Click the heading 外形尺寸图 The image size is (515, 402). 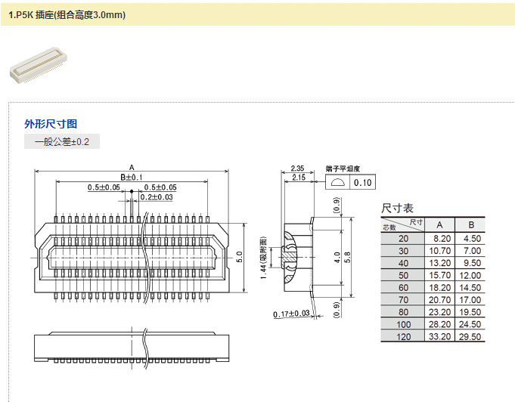pyautogui.click(x=51, y=124)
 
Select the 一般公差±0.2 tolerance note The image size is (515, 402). pyautogui.click(x=62, y=142)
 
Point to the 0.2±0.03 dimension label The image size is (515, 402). pyautogui.click(x=155, y=197)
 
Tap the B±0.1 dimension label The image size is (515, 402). pyautogui.click(x=132, y=177)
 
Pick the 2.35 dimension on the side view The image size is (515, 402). pyautogui.click(x=297, y=168)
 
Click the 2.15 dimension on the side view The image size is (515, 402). pyautogui.click(x=297, y=178)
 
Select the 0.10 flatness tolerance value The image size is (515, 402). pyautogui.click(x=363, y=183)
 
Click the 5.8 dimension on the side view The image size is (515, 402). pyautogui.click(x=348, y=257)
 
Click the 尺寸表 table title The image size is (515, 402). pyautogui.click(x=397, y=208)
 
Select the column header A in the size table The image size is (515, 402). pyautogui.click(x=440, y=225)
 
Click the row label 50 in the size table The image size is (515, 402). pyautogui.click(x=403, y=276)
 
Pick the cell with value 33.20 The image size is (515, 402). pyautogui.click(x=440, y=337)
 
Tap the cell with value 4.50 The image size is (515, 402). pyautogui.click(x=471, y=239)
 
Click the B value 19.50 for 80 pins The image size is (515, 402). pyautogui.click(x=471, y=312)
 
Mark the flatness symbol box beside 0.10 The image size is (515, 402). pyautogui.click(x=337, y=183)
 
